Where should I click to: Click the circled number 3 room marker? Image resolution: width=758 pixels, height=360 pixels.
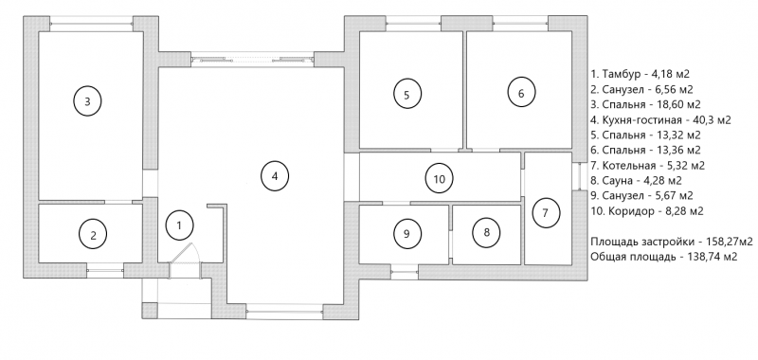[87, 101]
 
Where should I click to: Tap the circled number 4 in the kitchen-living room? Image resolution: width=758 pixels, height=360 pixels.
[275, 176]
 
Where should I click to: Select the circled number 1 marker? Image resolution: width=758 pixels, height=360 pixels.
[179, 225]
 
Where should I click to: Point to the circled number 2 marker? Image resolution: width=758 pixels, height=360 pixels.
[93, 235]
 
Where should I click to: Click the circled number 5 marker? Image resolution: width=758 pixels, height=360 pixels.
[406, 95]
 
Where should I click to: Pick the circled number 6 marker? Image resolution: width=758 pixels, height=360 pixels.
[521, 94]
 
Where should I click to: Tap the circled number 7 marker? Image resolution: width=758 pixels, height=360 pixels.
[546, 213]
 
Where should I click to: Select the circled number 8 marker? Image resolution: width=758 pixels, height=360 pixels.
[486, 232]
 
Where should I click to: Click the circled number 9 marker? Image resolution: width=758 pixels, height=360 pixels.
[406, 234]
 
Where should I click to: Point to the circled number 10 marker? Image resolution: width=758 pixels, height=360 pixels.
[439, 179]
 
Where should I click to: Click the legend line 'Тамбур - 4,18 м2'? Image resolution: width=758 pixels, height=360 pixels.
[639, 75]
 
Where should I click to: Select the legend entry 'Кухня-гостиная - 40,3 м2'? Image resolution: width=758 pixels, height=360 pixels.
[660, 119]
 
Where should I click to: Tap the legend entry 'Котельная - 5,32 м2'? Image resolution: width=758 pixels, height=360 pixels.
[648, 166]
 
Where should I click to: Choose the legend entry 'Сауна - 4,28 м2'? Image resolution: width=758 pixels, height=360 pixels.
[636, 181]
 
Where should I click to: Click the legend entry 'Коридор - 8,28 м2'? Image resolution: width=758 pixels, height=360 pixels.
[647, 211]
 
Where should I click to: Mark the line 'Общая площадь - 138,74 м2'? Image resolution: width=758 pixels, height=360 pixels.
[664, 257]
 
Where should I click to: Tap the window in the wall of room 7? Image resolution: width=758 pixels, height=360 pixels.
[579, 175]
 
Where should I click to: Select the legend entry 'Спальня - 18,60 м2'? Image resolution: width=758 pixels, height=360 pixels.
[646, 104]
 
